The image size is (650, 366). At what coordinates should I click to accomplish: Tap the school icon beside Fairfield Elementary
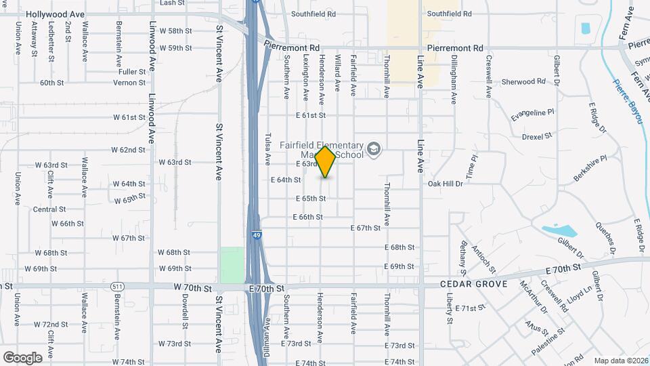tap(373, 148)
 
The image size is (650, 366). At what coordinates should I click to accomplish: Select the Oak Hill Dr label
tap(445, 183)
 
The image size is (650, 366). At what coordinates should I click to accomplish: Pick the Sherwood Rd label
tap(523, 81)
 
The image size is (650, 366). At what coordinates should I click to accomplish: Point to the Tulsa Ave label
tap(268, 149)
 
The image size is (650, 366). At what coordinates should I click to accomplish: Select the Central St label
tap(49, 209)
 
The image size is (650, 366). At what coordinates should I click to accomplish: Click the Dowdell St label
tap(184, 313)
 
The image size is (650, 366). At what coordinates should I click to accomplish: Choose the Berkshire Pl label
tap(590, 167)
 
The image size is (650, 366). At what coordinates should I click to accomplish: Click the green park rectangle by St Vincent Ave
tap(232, 264)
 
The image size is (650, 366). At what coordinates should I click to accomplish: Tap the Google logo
tap(22, 358)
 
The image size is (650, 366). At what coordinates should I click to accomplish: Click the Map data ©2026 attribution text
tap(620, 361)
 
